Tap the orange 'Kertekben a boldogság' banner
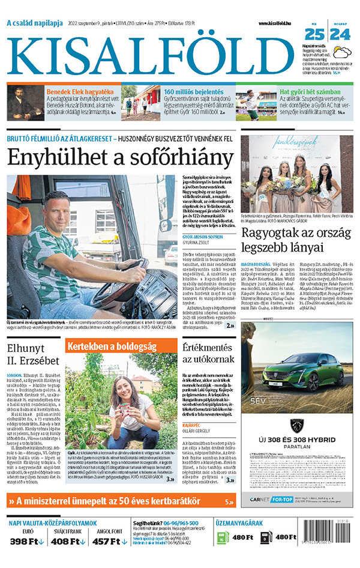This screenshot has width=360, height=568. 114,346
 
